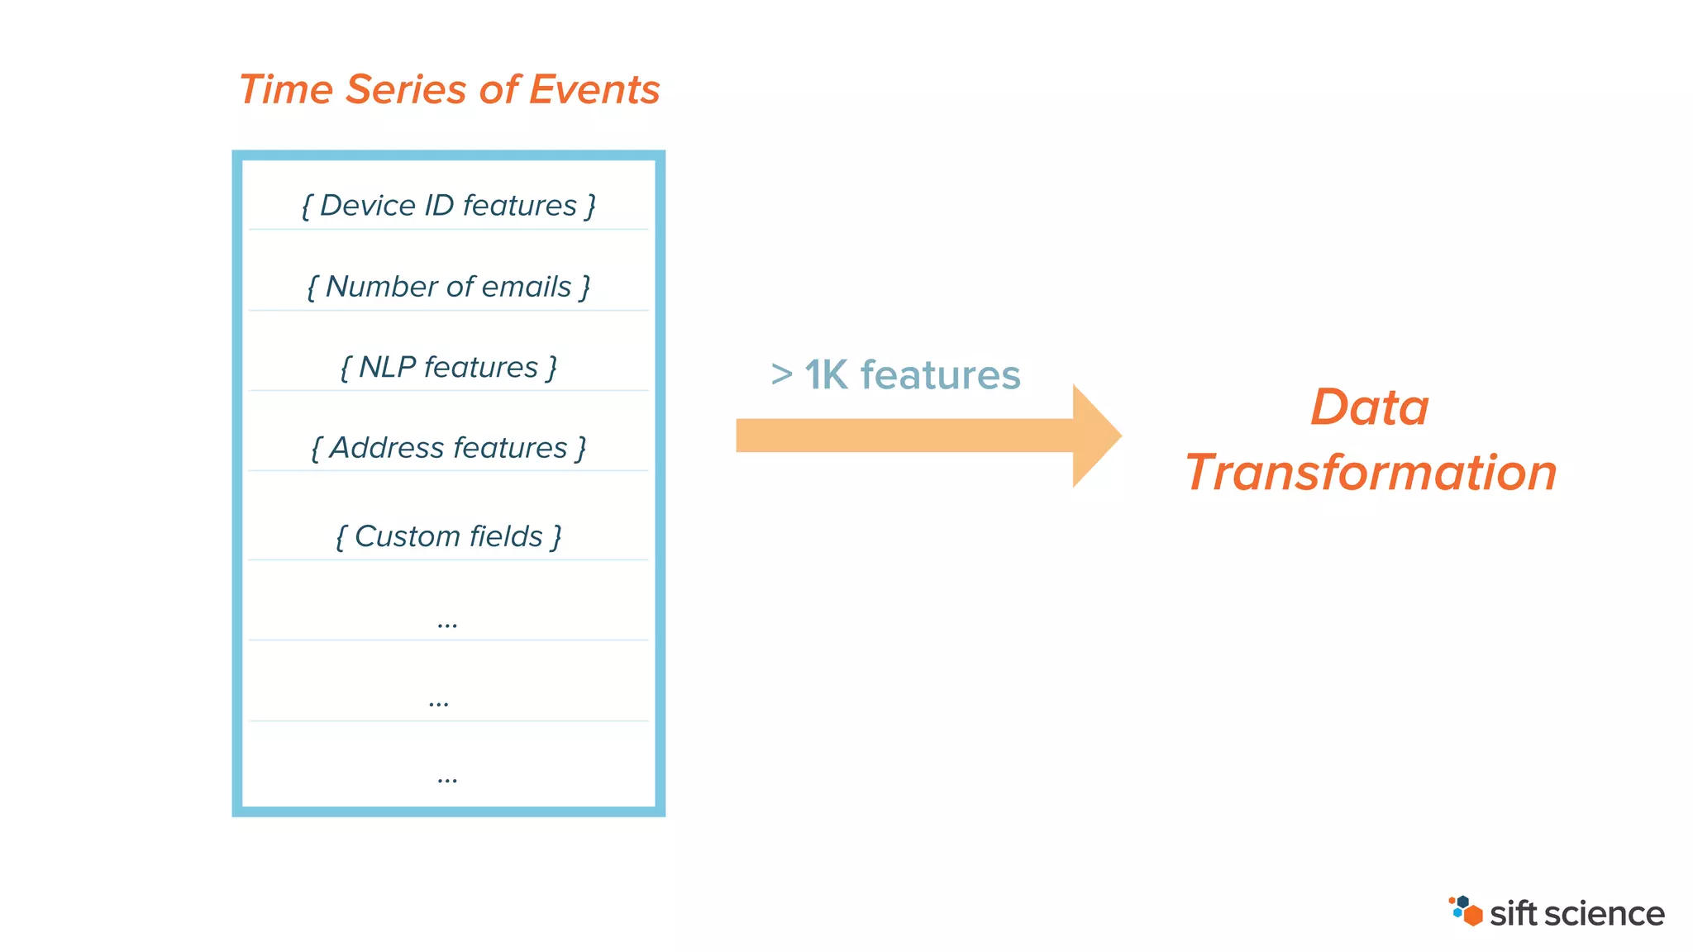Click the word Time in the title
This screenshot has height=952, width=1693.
tap(285, 89)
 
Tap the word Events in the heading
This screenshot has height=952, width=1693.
tap(594, 89)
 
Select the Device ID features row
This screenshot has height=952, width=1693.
tap(448, 206)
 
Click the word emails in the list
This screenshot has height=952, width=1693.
tap(526, 287)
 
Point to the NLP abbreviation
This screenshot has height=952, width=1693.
tap(387, 367)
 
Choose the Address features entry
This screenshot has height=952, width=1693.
tap(448, 448)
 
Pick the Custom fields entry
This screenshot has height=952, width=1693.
tap(448, 536)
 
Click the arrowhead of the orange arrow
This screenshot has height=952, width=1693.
tap(1095, 436)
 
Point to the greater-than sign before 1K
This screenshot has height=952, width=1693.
tap(781, 374)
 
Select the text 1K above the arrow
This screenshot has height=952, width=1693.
tap(826, 375)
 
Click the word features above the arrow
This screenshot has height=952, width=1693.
tap(940, 375)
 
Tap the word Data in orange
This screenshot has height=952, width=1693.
tap(1369, 407)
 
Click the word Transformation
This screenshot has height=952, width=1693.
tap(1371, 473)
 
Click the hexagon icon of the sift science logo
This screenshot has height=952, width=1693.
tap(1466, 912)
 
